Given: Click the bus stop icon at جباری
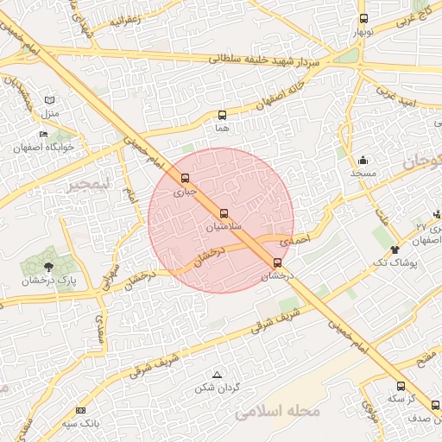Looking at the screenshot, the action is (x=185, y=178).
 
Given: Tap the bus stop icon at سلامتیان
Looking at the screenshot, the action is (x=224, y=212).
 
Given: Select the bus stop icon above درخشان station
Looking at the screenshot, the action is (x=277, y=262).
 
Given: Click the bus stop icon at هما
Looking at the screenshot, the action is (x=222, y=114).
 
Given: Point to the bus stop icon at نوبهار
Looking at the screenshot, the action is (x=363, y=18).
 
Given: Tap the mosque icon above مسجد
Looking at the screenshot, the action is (x=363, y=160).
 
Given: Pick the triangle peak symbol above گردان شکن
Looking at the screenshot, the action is (x=217, y=374).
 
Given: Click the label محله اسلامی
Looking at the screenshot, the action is (x=277, y=412).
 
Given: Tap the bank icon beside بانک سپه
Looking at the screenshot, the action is (x=81, y=410).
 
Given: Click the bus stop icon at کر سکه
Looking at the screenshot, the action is (x=401, y=386).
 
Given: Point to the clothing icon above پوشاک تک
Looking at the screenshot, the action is (x=395, y=249).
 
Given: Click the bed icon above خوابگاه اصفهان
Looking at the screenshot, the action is (x=44, y=134).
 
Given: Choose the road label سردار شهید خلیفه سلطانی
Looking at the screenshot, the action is (x=263, y=60).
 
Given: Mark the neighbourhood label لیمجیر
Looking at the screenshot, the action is (x=91, y=185).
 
